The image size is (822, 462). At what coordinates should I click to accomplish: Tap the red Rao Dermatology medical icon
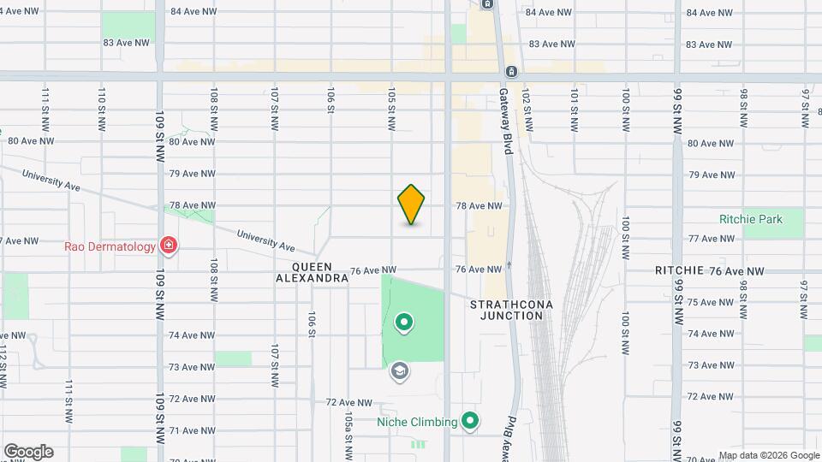(x=169, y=247)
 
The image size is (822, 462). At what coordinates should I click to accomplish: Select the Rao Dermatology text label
(x=110, y=247)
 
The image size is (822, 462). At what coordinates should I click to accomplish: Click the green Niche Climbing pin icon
(x=469, y=421)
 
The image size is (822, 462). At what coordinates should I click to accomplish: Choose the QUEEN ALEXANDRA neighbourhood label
(x=313, y=272)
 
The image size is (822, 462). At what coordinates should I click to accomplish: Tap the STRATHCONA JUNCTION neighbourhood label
(x=507, y=310)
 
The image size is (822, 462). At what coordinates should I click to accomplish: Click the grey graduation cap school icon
(x=399, y=371)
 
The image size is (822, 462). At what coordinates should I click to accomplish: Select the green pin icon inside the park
(x=403, y=323)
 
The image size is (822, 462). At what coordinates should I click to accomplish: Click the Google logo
(x=28, y=452)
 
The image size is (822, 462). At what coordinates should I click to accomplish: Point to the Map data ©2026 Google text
(x=768, y=455)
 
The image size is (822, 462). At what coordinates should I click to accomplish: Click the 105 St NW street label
(x=390, y=109)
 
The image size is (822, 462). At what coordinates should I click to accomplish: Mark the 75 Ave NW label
(x=712, y=302)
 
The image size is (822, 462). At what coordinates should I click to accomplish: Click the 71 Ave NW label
(x=186, y=431)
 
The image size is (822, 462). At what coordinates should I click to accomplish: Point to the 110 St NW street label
(x=102, y=109)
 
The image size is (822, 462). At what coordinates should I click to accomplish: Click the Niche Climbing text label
(x=417, y=421)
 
